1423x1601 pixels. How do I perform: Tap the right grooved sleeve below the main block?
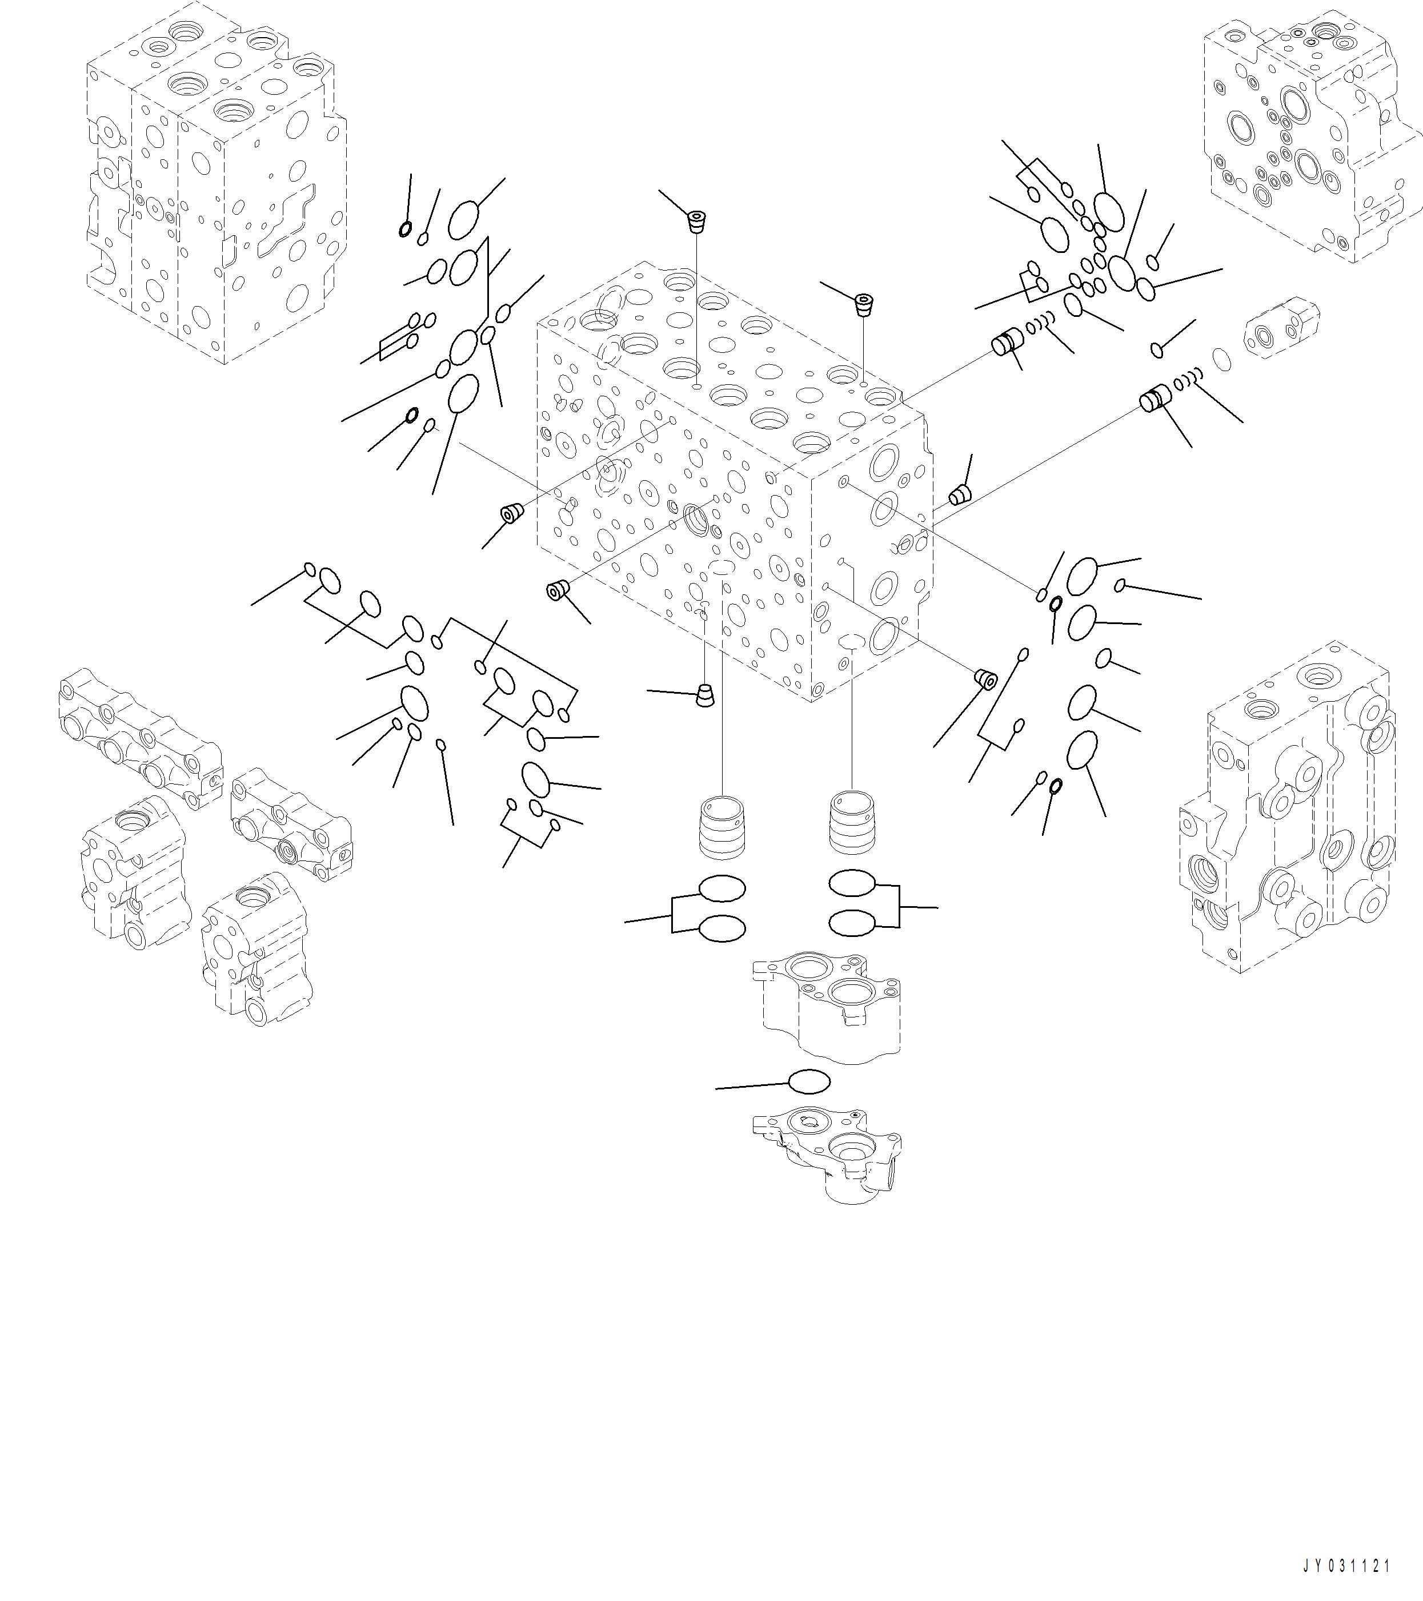(x=852, y=822)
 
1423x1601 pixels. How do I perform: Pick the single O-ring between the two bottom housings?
(x=809, y=1081)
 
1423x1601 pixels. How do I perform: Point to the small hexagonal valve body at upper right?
(x=1280, y=327)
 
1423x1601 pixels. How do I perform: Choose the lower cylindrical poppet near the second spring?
(x=1155, y=401)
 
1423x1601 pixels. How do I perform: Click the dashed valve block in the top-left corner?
(x=215, y=180)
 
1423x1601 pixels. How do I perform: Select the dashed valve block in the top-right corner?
(x=1313, y=133)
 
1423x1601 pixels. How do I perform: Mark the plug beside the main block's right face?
(x=960, y=495)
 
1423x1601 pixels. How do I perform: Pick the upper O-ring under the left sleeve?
(x=721, y=888)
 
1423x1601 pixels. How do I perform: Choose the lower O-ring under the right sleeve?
(x=852, y=923)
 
